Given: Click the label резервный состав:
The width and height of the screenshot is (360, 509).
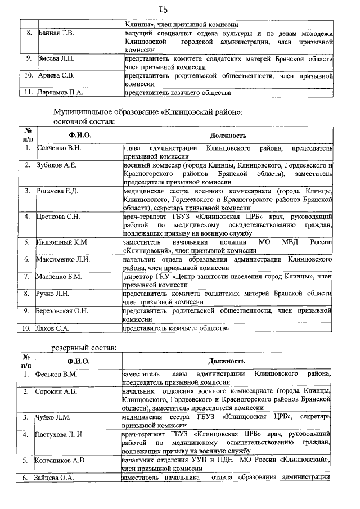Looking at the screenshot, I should (x=84, y=347).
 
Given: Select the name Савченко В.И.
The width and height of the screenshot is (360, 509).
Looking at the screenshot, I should (x=59, y=148).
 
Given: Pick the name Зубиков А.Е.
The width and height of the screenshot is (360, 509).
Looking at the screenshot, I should (x=56, y=165).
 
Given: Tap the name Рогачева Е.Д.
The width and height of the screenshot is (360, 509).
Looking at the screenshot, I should (x=57, y=191).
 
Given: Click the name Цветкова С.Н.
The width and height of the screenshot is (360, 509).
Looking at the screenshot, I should (x=58, y=217).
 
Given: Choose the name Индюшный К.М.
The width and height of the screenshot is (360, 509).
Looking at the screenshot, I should (x=61, y=242).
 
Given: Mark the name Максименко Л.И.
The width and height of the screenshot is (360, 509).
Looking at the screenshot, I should (x=62, y=259).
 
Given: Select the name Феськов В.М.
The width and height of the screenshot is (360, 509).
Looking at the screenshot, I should (x=56, y=374).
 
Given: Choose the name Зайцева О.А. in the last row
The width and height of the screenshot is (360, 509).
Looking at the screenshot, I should (x=57, y=478).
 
